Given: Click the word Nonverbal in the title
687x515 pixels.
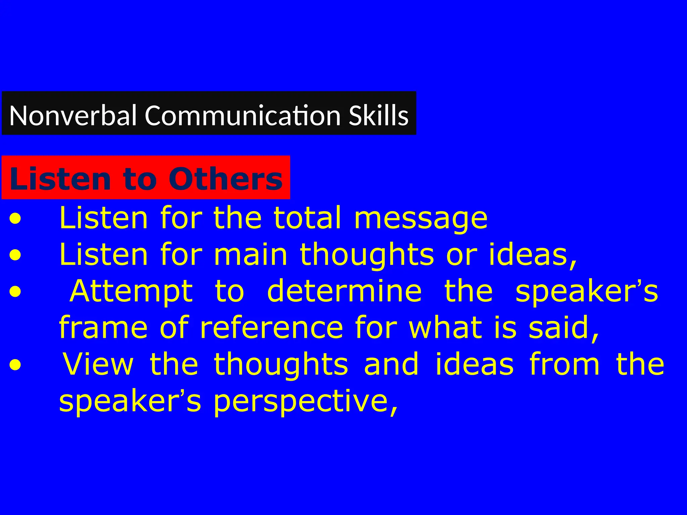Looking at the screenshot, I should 73,115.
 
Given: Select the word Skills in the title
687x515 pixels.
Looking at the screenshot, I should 378,115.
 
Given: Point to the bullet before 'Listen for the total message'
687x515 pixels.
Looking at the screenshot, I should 15,220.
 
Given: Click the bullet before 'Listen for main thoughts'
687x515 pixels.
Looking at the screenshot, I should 15,256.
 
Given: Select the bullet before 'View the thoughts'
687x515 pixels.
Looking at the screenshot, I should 15,366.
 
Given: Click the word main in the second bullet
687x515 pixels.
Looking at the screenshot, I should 250,255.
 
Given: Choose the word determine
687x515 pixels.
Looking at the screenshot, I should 344,291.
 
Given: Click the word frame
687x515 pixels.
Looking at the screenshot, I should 103,328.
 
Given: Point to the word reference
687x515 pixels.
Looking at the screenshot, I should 271,328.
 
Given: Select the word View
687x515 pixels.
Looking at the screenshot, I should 98,364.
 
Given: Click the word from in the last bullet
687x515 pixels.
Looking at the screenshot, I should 564,364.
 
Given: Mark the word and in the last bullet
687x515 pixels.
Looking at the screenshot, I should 391,364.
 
